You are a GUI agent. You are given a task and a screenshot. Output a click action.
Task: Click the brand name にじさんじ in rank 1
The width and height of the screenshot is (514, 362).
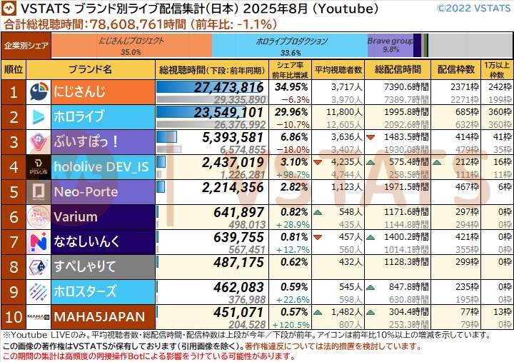(79, 91)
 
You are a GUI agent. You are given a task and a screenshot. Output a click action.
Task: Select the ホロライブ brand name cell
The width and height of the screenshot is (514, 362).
(79, 116)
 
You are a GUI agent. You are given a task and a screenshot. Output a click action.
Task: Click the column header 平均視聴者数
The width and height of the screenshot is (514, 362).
(338, 70)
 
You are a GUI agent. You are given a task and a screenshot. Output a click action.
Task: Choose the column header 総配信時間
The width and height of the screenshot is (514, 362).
(396, 70)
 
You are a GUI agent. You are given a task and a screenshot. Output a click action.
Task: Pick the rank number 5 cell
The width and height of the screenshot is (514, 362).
(14, 191)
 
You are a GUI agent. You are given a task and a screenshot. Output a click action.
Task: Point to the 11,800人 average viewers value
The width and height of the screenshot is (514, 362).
(339, 111)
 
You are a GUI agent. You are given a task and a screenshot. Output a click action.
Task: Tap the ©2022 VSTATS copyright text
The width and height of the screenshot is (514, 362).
(473, 9)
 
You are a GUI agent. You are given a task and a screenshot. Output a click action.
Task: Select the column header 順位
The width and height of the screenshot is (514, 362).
(14, 70)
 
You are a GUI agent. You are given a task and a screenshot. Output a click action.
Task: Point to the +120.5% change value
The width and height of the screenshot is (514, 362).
(291, 323)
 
